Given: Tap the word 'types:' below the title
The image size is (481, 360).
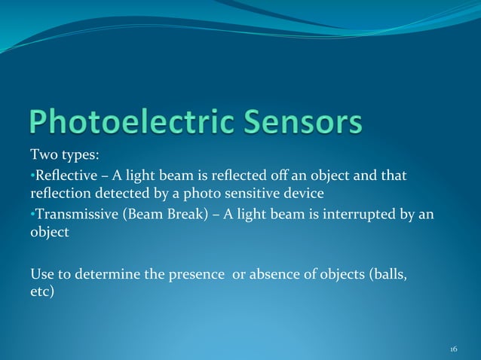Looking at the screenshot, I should point(79,157).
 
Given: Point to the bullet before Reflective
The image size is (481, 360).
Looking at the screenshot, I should point(32,176).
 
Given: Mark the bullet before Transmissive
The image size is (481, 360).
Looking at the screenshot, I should point(32,215).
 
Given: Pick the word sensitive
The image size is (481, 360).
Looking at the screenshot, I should point(254,194).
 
